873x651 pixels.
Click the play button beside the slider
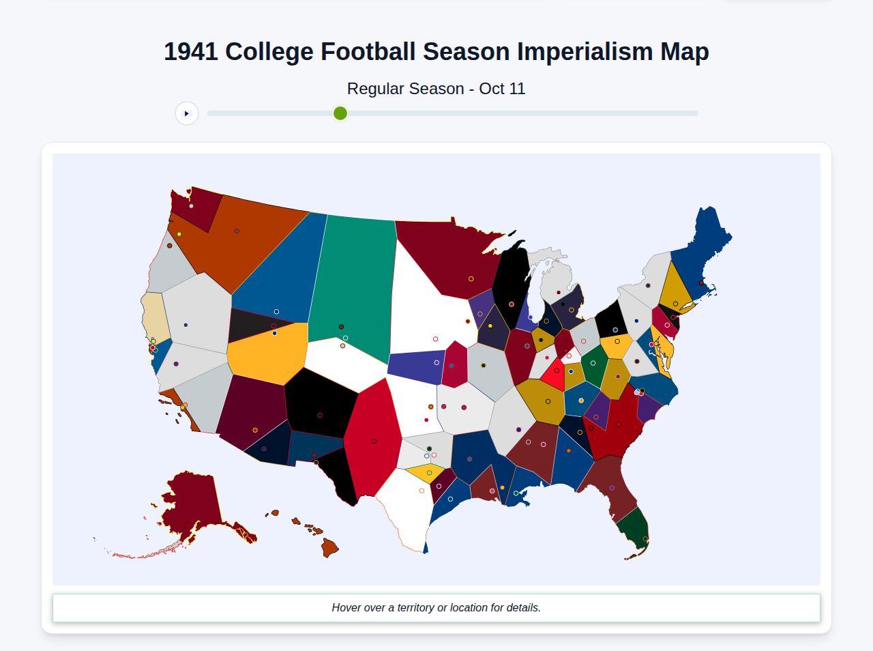(x=187, y=113)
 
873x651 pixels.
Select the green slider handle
(x=340, y=113)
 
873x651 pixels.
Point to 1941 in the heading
(x=191, y=52)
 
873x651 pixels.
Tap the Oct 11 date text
(x=502, y=89)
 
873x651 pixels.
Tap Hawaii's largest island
(x=329, y=547)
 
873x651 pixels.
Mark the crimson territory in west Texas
(x=372, y=437)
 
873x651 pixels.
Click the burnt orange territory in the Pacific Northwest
(x=246, y=239)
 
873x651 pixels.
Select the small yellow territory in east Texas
(x=426, y=472)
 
